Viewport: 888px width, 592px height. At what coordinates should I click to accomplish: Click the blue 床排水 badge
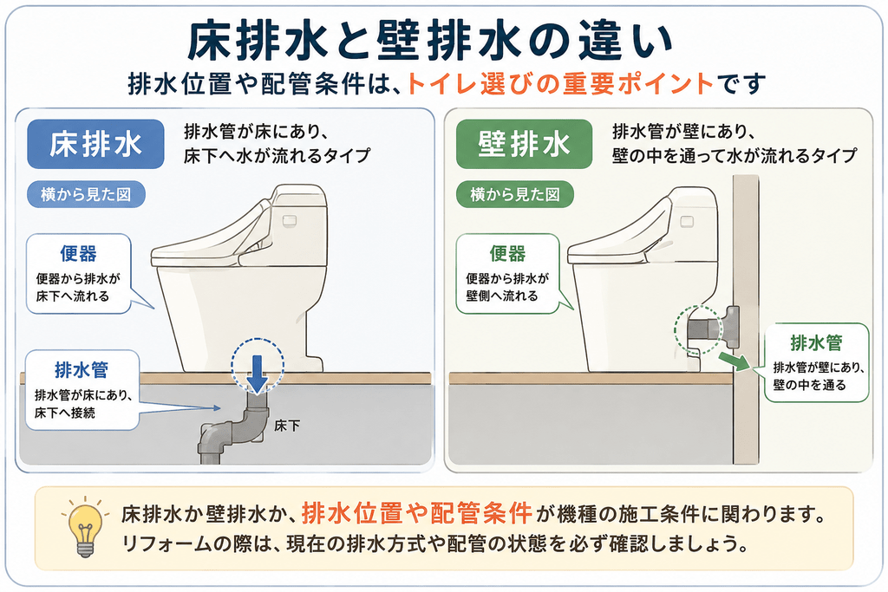pos(95,144)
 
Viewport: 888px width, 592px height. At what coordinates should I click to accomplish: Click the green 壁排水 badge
pos(525,144)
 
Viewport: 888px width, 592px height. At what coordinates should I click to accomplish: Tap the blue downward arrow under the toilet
pos(257,374)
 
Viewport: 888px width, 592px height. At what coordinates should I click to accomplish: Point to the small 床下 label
pos(287,426)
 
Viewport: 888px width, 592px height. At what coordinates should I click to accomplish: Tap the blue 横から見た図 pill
pos(86,195)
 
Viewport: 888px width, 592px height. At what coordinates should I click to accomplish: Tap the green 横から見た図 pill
pos(515,195)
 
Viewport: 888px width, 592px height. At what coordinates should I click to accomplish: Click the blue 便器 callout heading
pos(79,254)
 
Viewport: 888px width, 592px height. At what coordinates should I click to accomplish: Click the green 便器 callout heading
pos(508,254)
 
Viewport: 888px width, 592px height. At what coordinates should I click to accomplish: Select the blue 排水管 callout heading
pos(82,370)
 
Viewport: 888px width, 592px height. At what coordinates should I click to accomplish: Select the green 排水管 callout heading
pos(816,342)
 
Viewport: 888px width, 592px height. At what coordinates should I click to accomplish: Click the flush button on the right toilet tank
pos(687,221)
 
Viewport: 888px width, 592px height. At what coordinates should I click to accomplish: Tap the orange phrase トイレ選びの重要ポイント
pos(559,84)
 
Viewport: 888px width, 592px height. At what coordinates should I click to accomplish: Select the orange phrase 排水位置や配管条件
pos(417,513)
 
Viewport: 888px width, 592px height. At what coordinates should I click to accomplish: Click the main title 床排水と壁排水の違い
pos(430,42)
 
